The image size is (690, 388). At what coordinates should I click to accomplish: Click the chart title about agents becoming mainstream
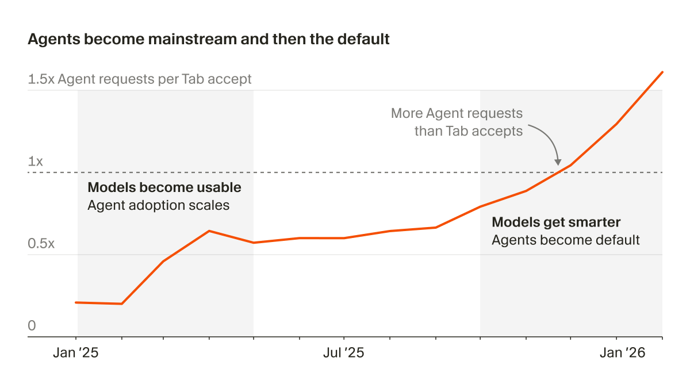coord(209,40)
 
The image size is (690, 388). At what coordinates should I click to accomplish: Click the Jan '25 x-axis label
coord(75,353)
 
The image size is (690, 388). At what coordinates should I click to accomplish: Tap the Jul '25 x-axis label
coord(343,353)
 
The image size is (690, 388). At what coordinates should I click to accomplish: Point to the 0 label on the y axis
coord(32,326)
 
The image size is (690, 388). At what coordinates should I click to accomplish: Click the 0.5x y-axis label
coord(41,244)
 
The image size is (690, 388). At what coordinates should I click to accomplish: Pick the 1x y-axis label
coord(36,162)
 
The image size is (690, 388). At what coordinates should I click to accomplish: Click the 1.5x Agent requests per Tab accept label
coord(140,79)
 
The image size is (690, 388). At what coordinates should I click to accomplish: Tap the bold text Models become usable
coord(164,187)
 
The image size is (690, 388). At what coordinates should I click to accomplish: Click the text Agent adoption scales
coord(158,205)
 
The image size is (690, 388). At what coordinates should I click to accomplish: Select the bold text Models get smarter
coord(556,222)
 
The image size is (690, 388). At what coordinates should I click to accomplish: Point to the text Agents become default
coord(565,240)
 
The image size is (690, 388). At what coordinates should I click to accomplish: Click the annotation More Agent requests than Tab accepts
coord(457,122)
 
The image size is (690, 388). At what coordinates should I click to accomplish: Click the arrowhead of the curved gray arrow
coord(557,163)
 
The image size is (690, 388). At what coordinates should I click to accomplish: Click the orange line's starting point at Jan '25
coord(76,302)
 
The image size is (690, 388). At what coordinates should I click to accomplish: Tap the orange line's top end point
coord(662,72)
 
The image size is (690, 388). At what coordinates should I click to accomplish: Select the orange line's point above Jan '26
coord(617,124)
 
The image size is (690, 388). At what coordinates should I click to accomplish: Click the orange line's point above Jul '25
coord(344,238)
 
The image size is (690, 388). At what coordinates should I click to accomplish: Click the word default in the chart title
coord(365,40)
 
